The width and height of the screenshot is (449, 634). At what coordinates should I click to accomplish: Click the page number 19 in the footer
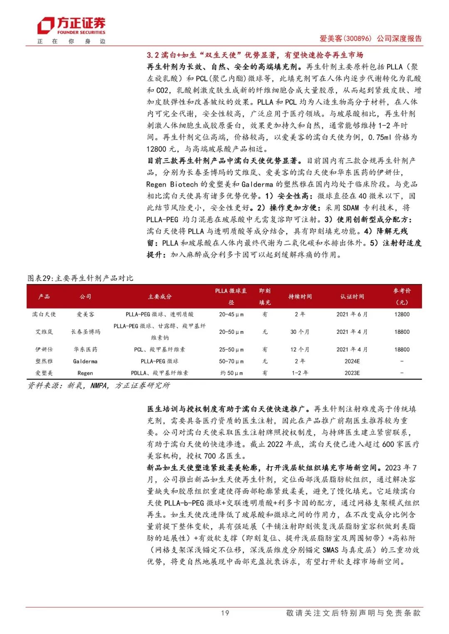coord(225,613)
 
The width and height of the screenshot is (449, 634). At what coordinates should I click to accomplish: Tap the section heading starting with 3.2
coord(255,55)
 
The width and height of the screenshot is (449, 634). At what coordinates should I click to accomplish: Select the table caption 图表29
coord(80,278)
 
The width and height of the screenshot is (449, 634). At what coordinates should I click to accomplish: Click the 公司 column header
coord(85,296)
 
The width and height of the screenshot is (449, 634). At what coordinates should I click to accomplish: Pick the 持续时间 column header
coord(300,296)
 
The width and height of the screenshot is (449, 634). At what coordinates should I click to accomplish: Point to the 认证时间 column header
coord(352,296)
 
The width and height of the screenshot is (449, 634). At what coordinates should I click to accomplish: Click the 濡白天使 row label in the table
coord(44,314)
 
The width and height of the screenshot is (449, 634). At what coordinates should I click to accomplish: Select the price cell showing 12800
coord(402,314)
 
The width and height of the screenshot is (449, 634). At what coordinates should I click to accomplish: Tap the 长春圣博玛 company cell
coord(85,332)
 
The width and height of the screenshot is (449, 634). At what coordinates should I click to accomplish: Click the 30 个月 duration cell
coord(300,332)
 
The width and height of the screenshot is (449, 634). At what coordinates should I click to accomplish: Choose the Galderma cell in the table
coord(85,361)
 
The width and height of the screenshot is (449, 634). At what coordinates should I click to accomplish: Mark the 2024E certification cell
coord(352,361)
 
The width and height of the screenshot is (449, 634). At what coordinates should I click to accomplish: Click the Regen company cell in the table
coord(85,373)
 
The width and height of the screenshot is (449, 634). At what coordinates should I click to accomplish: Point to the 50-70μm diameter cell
coord(231,361)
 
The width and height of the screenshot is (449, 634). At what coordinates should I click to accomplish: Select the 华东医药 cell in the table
coord(85,350)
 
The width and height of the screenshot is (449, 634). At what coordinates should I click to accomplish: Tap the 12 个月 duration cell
coord(300,350)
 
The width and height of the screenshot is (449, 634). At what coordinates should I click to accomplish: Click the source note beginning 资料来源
coord(99,386)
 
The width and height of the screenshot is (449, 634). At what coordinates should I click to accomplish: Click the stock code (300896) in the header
coord(357,39)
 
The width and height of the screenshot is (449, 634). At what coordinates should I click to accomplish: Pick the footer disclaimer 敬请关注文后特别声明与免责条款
coord(353,613)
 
